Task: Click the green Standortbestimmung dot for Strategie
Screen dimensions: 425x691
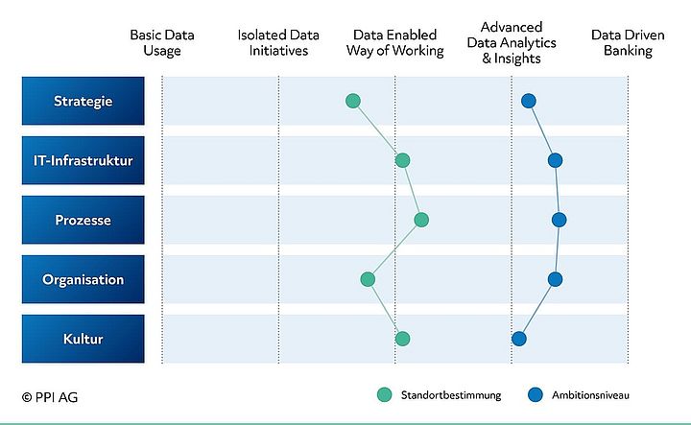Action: [352, 101]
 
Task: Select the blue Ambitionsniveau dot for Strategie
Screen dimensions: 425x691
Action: [528, 101]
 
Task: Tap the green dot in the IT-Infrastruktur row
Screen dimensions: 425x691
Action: [402, 160]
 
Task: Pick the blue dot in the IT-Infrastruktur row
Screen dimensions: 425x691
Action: [554, 160]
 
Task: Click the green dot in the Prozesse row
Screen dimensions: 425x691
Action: [421, 220]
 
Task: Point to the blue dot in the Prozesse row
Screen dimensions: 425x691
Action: [560, 220]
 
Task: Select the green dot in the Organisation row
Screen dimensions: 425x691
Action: [368, 279]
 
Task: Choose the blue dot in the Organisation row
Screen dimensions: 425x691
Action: [555, 279]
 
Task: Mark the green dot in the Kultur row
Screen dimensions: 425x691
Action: [402, 338]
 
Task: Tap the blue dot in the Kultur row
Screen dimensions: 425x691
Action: [519, 338]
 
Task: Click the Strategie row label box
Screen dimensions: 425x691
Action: [83, 101]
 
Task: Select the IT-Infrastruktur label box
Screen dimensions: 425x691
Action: [83, 160]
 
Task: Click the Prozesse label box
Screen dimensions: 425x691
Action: [83, 220]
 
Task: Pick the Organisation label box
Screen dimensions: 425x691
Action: [83, 279]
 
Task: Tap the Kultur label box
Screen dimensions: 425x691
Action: [83, 339]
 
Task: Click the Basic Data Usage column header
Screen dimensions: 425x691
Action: [162, 43]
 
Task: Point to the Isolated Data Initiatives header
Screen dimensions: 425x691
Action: [279, 43]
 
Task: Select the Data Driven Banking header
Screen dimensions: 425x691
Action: [622, 43]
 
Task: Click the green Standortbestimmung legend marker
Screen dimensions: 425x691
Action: [385, 394]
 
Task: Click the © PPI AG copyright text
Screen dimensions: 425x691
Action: [52, 394]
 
